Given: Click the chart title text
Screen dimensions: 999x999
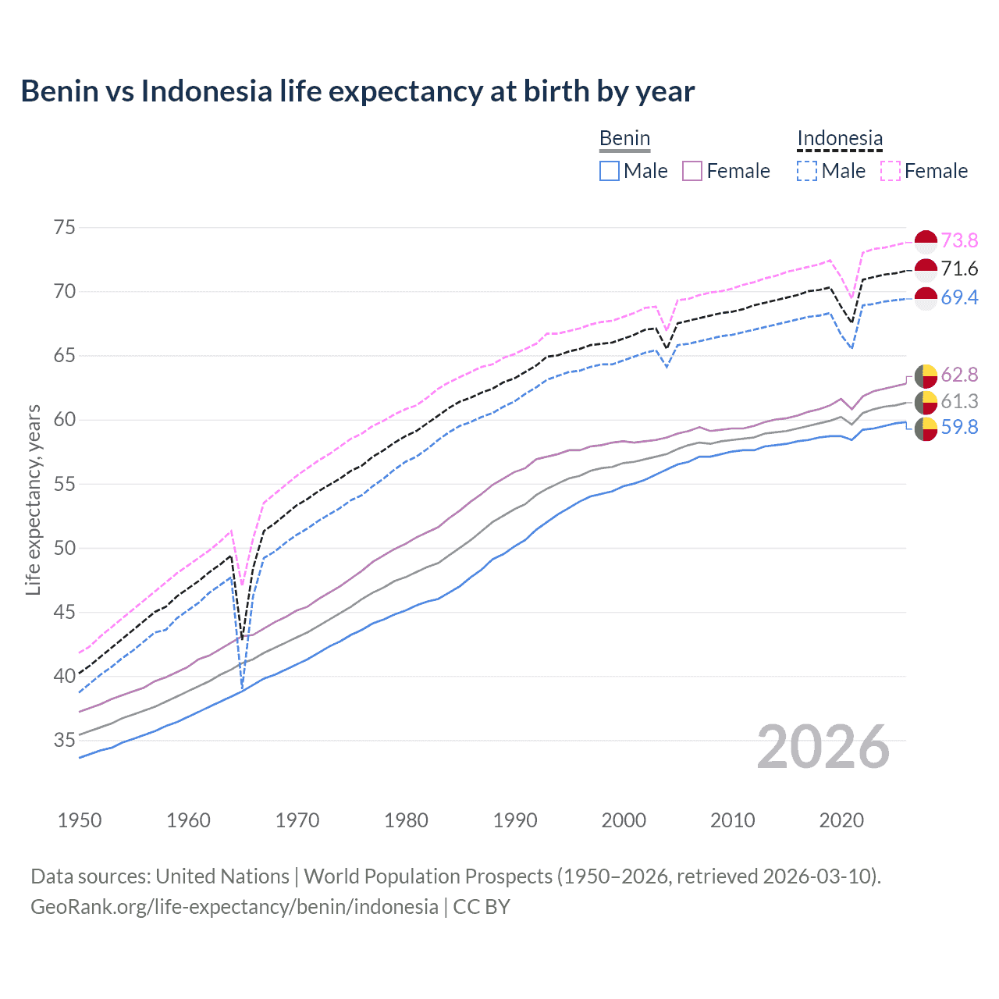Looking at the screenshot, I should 357,91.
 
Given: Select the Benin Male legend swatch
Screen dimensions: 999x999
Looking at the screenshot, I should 610,171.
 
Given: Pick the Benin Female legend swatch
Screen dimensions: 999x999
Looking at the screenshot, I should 692,171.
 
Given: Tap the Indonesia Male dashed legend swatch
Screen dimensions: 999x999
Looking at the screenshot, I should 807,171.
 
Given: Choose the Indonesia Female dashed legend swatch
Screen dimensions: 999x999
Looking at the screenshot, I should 891,171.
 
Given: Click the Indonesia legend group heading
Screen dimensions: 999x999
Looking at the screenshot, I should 840,139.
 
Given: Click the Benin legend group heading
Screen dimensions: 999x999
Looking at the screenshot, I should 624,139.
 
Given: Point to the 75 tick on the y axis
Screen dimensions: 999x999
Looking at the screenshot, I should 65,228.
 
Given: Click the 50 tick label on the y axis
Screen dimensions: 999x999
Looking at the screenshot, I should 65,548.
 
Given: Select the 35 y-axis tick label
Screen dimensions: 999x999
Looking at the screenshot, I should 65,740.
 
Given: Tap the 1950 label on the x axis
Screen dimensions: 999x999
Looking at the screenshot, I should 80,820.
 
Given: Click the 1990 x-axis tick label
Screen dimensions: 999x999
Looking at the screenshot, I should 515,820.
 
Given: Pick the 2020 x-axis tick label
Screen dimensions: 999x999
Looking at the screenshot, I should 841,820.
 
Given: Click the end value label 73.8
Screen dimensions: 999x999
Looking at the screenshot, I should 959,240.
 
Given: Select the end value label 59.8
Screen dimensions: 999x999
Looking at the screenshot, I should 959,428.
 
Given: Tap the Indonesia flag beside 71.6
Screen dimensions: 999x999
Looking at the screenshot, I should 926,269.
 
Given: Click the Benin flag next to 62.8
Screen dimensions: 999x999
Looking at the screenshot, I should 926,375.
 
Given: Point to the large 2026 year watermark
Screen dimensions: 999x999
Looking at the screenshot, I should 823,747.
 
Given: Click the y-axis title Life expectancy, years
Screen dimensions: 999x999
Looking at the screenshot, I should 33,499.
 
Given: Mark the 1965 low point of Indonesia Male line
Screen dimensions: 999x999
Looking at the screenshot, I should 243,688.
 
